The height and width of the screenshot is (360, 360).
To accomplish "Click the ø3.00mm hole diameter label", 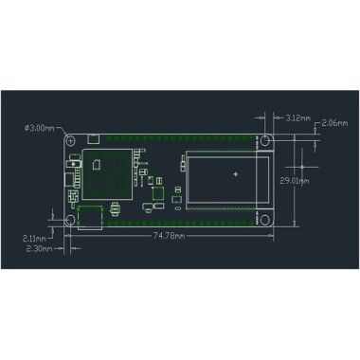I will (x=39, y=127).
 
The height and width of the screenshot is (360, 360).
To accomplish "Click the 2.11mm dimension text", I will (x=39, y=239).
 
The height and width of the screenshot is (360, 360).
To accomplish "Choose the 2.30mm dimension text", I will (x=39, y=249).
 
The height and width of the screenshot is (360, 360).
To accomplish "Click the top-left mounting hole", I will (x=70, y=139).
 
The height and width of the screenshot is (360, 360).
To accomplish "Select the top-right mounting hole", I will (x=268, y=139).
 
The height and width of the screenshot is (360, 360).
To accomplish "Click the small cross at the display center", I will (x=234, y=174).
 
